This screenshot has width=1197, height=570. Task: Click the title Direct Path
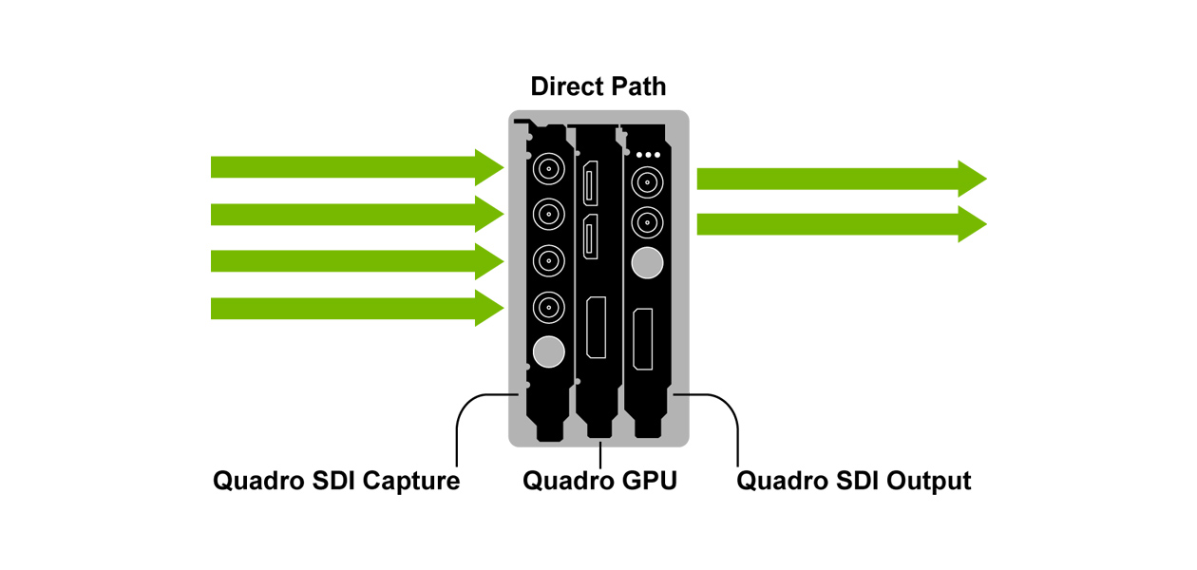point(598,86)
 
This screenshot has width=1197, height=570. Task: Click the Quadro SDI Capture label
point(336,481)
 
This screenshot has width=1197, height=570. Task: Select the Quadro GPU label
point(599,481)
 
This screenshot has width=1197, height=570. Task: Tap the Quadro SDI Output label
point(853,481)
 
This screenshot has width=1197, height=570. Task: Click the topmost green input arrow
point(357,167)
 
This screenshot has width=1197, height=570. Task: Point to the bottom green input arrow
point(357,308)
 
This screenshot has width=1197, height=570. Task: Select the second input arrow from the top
point(357,214)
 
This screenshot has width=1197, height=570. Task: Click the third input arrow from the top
point(357,261)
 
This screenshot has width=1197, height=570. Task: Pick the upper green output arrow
point(842,179)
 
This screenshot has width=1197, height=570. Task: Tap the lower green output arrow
point(842,224)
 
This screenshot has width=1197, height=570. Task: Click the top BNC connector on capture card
point(549,169)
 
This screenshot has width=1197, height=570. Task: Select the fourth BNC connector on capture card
point(549,307)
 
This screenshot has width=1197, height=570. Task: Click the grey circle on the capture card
point(549,352)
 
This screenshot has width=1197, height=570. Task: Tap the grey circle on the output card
point(647,263)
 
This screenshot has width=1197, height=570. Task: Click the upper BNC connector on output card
point(647,182)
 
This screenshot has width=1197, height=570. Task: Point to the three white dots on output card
point(648,155)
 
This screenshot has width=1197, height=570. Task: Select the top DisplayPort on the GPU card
point(590,183)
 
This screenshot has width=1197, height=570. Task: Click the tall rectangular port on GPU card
point(596,328)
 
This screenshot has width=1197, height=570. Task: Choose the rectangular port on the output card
point(643,339)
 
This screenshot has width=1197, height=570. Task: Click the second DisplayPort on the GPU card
point(590,237)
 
